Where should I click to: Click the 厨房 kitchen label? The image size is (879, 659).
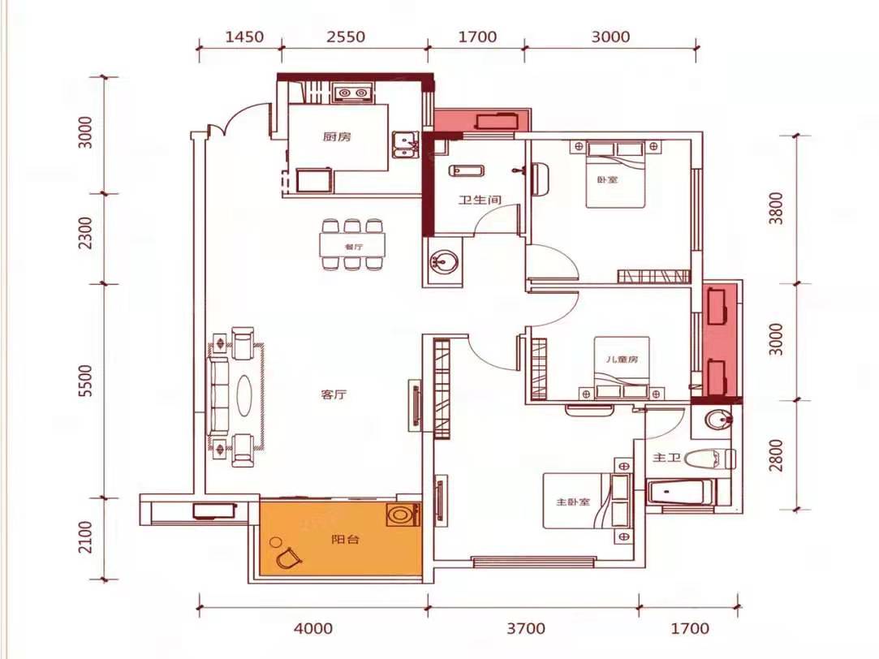[337, 136]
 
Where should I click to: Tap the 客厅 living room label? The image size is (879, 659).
[334, 394]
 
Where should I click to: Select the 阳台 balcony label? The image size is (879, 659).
[345, 540]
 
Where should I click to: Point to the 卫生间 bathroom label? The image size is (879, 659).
[480, 200]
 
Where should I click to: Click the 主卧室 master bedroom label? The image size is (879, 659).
[573, 502]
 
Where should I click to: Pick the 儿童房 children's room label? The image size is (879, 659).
[622, 360]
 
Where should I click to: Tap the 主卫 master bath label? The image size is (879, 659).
[666, 458]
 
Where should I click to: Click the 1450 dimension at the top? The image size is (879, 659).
[244, 37]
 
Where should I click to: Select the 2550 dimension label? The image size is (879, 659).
[346, 37]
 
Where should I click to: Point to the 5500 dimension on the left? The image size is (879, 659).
[85, 381]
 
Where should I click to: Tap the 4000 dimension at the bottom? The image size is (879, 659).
[313, 628]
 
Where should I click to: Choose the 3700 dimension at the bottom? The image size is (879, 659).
[526, 628]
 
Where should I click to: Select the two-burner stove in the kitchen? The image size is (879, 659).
[352, 93]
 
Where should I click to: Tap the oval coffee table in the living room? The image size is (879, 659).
[244, 394]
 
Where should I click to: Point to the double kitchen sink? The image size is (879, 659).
[404, 145]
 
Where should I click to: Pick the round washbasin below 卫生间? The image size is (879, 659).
[443, 261]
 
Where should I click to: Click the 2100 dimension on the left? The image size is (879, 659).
[85, 536]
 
